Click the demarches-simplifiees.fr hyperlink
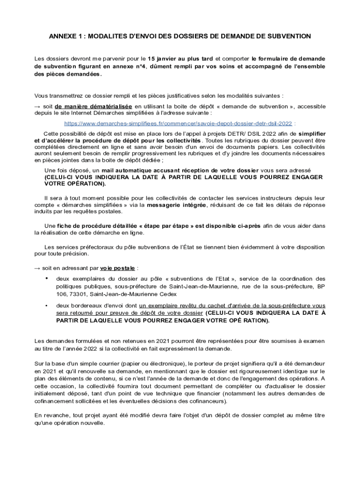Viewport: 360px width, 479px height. click(178, 124)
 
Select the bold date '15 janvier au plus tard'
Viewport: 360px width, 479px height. click(180, 59)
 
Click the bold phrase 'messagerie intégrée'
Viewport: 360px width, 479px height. click(176, 205)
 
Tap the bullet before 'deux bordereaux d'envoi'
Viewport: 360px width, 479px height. click(46, 305)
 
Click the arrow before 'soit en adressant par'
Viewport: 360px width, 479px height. click(37, 268)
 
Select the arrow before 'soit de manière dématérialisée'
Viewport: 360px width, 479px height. click(37, 106)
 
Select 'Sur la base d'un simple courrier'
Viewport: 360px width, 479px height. click(77, 363)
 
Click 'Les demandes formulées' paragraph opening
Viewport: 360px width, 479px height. click(65, 341)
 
